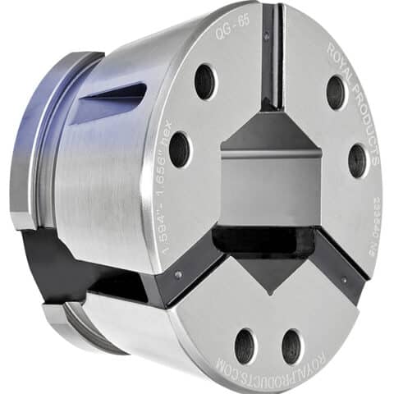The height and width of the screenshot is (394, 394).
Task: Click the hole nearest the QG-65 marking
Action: click(205, 81)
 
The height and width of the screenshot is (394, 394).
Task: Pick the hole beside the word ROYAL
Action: click(336, 92)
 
